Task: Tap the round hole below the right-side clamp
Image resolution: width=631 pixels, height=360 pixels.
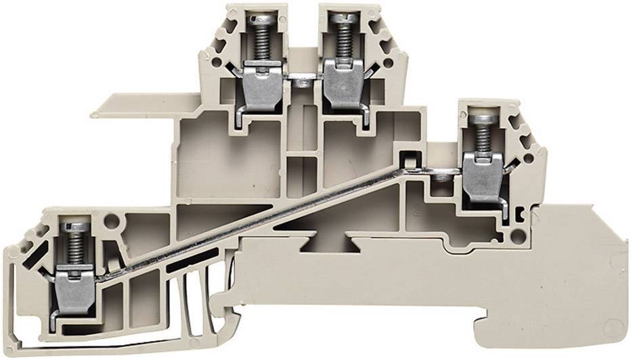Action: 518,237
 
